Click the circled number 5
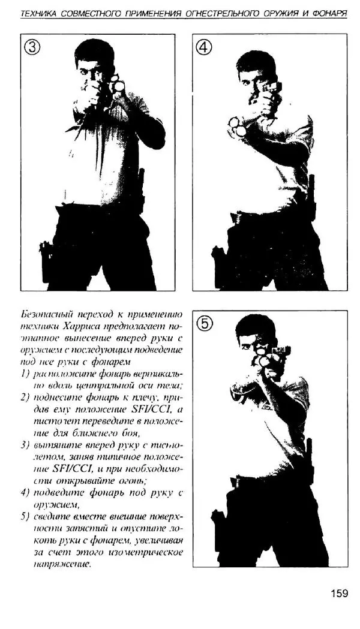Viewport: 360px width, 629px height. (x=205, y=324)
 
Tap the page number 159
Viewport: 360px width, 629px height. (x=339, y=594)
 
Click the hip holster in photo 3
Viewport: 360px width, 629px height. (x=47, y=260)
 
